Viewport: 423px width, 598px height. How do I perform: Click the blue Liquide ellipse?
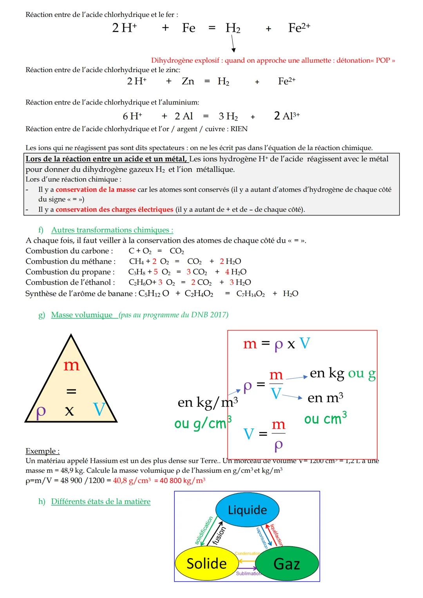(x=247, y=510)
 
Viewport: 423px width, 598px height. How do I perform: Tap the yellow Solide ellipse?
(x=206, y=564)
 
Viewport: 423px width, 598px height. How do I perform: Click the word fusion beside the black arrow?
(x=219, y=535)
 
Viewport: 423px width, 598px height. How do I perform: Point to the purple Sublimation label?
(x=248, y=573)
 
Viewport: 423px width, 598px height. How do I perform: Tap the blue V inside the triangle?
(x=99, y=410)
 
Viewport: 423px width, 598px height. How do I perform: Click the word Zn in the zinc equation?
(x=188, y=81)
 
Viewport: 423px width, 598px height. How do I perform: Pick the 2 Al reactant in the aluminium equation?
(x=184, y=116)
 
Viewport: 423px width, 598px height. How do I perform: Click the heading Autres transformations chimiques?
(x=112, y=230)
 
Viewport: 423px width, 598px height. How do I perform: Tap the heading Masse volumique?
(x=82, y=315)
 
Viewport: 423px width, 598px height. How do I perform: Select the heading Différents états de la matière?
(x=101, y=501)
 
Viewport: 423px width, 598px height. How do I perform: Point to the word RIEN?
(x=239, y=129)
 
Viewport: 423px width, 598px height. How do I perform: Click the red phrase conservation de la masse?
(x=96, y=190)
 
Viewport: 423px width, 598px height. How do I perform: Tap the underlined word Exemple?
(x=42, y=451)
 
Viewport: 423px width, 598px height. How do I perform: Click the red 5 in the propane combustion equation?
(x=155, y=272)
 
